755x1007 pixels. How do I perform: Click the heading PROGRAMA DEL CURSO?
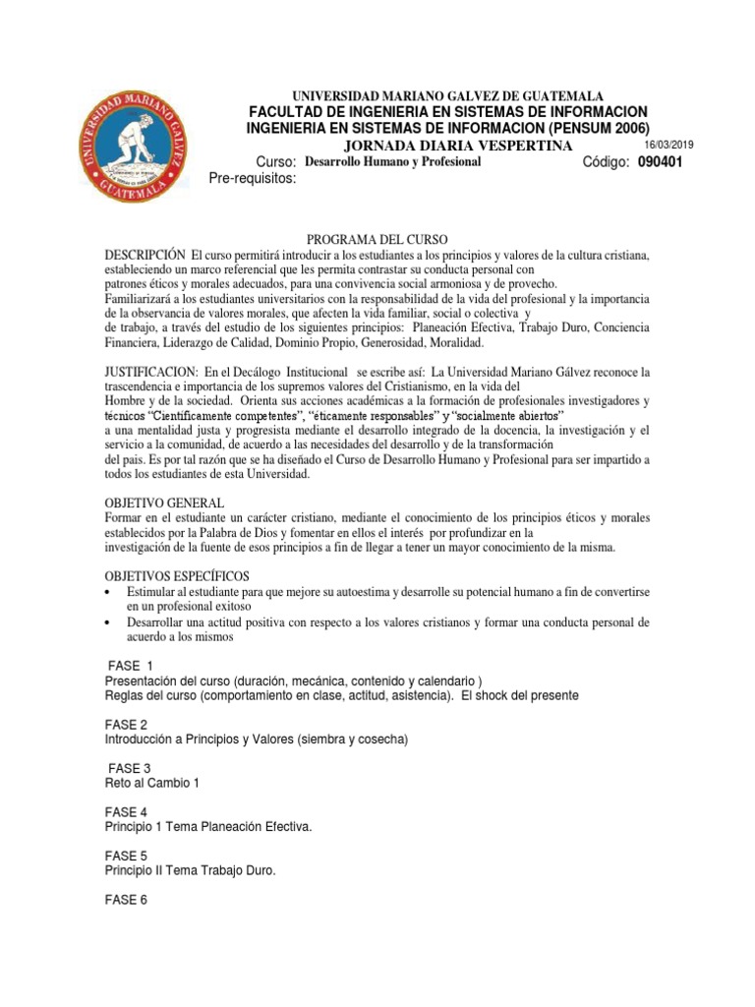(377, 240)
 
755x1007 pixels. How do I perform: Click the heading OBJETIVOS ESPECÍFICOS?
(177, 575)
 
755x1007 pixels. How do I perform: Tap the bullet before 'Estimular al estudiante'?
(108, 590)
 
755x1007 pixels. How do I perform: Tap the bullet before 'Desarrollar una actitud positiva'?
(108, 623)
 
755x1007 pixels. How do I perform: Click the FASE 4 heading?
(126, 812)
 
